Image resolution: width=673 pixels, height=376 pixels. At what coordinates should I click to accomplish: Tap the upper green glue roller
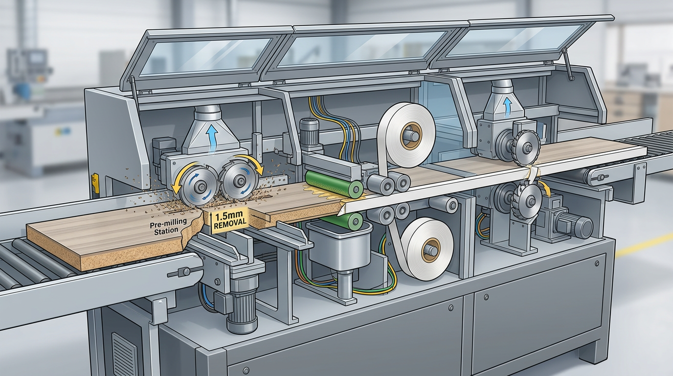pos(334,182)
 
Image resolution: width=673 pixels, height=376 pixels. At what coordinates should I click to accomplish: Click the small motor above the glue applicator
pos(309,131)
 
